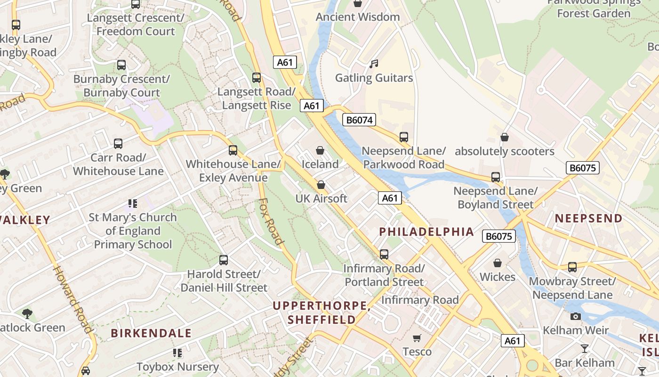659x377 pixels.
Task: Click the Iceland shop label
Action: point(320,164)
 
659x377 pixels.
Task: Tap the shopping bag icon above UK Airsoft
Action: point(321,185)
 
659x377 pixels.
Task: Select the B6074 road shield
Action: point(359,120)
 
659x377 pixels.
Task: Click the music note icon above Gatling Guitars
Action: point(374,64)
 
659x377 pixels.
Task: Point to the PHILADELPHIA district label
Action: point(426,231)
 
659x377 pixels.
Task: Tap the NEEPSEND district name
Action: point(588,218)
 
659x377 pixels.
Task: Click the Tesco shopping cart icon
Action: point(417,338)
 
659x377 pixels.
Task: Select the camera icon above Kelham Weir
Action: point(575,316)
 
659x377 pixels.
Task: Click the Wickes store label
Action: point(498,277)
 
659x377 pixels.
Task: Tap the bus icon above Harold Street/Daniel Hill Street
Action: point(224,260)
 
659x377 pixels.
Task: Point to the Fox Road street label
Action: point(272,221)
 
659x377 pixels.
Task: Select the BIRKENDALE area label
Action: point(151,333)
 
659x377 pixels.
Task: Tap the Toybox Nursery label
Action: point(177,366)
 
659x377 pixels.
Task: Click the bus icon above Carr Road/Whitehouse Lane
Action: point(118,143)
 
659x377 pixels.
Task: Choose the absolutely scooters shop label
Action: point(504,151)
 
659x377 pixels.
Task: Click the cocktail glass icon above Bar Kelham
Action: point(585,349)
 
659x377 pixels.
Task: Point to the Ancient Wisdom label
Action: point(358,17)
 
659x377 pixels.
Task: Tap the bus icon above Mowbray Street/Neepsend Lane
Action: point(572,267)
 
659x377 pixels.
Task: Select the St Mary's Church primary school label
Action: point(133,231)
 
